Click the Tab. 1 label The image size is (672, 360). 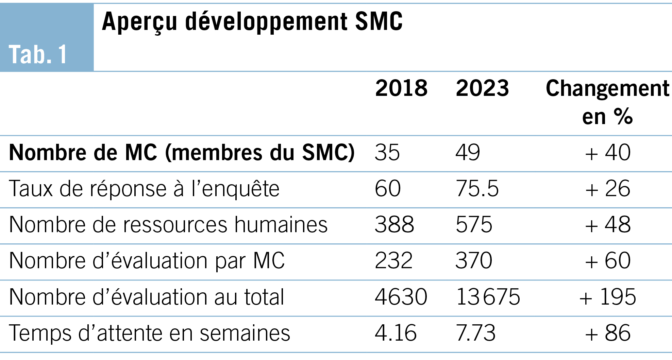pos(38,54)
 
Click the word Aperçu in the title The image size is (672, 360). pos(139,22)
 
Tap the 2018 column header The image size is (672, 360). pos(401,88)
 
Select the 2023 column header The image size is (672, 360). pos(482,88)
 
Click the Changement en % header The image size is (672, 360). pos(607,102)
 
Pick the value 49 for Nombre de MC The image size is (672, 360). pos(468,153)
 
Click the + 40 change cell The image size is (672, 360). pos(608,153)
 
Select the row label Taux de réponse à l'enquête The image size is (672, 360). pos(144,189)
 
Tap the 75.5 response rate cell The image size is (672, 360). pos(477,189)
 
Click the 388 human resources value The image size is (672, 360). pos(394,225)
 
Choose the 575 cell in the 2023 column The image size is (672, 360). pos(474,225)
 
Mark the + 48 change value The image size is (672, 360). pos(608,225)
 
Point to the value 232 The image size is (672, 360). pos(393,261)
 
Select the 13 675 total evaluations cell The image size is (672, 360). pos(488,297)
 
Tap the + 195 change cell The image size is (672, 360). pos(608,297)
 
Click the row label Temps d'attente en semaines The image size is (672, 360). pos(150,333)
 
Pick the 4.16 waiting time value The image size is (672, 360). pos(396,333)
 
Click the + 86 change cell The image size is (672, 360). pos(608,333)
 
